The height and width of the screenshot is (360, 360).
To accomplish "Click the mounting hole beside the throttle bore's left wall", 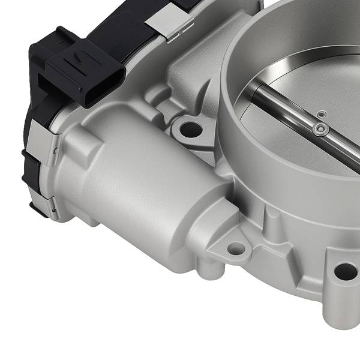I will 191,128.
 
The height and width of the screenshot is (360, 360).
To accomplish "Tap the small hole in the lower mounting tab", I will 236,248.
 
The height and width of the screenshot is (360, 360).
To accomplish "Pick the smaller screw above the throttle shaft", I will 322,112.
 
